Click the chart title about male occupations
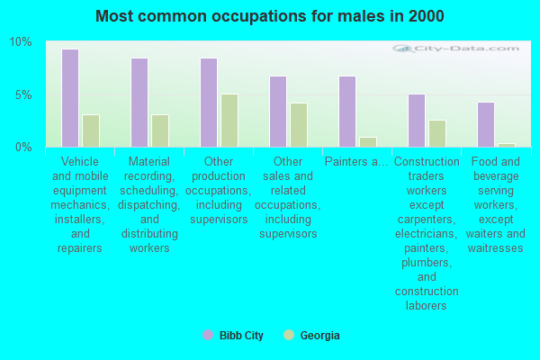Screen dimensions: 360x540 tap(270, 16)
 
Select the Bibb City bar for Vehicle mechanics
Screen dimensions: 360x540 tap(70, 98)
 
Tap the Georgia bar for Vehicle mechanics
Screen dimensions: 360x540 tap(91, 130)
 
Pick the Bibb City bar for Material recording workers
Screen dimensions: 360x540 tap(139, 103)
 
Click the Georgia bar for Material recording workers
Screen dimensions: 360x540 tap(160, 130)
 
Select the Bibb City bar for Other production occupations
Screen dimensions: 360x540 tap(209, 103)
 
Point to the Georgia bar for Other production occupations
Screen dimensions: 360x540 tap(229, 121)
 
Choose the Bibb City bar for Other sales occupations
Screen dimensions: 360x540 tap(278, 112)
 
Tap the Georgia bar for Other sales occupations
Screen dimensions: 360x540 tap(299, 125)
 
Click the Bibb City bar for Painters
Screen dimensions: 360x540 tap(347, 112)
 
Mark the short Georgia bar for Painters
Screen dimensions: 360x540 tap(368, 142)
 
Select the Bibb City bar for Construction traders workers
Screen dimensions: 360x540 tap(417, 121)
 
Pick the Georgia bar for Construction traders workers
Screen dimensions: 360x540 tap(437, 133)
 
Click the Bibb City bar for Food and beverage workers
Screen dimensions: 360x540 tap(486, 124)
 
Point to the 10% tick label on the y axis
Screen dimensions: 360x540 tap(21, 42)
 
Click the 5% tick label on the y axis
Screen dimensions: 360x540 tap(23, 94)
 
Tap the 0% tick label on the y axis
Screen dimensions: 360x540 tap(23, 147)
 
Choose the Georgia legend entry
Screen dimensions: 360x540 tap(311, 336)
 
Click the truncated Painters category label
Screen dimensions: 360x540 tap(356, 163)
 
